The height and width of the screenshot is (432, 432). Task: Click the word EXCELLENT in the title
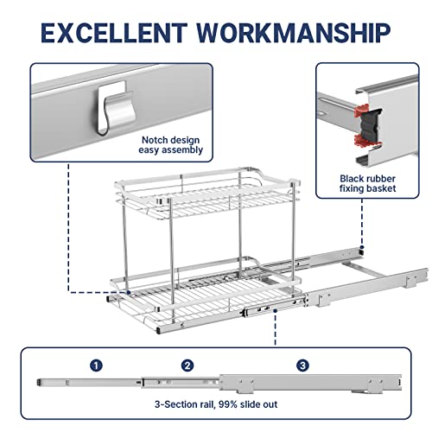click(x=113, y=33)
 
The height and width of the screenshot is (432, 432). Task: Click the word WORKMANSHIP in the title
click(x=294, y=33)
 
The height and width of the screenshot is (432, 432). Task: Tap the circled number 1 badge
click(x=96, y=365)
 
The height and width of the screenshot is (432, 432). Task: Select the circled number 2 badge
click(x=187, y=365)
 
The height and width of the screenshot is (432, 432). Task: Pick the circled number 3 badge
click(x=302, y=365)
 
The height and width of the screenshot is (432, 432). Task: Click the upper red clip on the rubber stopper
click(x=361, y=111)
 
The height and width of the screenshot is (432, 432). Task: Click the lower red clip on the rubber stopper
click(x=362, y=141)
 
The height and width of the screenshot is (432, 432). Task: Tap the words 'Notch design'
click(x=170, y=140)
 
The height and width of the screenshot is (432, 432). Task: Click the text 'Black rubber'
click(x=367, y=179)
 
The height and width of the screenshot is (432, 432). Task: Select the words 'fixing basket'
click(x=367, y=188)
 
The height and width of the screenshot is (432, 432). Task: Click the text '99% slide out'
click(x=248, y=404)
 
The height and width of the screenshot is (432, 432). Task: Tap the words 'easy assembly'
click(x=170, y=150)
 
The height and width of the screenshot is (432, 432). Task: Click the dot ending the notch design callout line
click(x=129, y=293)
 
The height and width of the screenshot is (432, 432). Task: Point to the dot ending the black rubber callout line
click(x=362, y=247)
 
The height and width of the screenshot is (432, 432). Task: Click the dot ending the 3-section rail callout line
click(x=276, y=311)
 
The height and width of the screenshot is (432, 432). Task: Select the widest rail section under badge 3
click(x=310, y=383)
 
